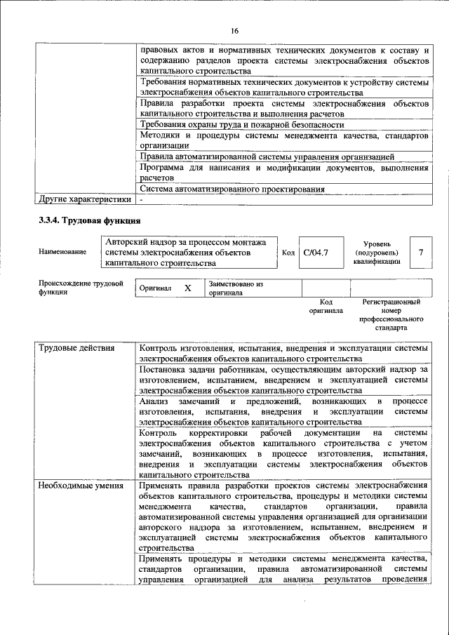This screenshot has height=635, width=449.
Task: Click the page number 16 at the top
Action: pos(234,31)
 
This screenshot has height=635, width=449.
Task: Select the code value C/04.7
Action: pos(313,252)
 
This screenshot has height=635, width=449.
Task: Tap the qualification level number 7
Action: pos(420,252)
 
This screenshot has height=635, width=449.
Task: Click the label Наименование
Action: pos(63,252)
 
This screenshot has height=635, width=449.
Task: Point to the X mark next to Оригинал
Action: pos(187,288)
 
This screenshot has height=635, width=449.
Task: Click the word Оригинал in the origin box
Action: pos(155,288)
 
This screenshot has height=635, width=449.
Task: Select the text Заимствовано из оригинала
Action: pos(234,288)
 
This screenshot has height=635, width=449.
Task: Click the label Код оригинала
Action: pos(326,306)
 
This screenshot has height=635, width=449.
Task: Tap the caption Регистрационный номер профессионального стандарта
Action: pos(391,314)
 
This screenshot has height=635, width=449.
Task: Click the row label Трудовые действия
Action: pos(72,349)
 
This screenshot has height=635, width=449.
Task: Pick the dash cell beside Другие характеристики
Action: pos(141,199)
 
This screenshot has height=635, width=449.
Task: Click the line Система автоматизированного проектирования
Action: pos(232,189)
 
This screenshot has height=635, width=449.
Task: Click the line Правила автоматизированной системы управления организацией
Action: pos(267,156)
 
